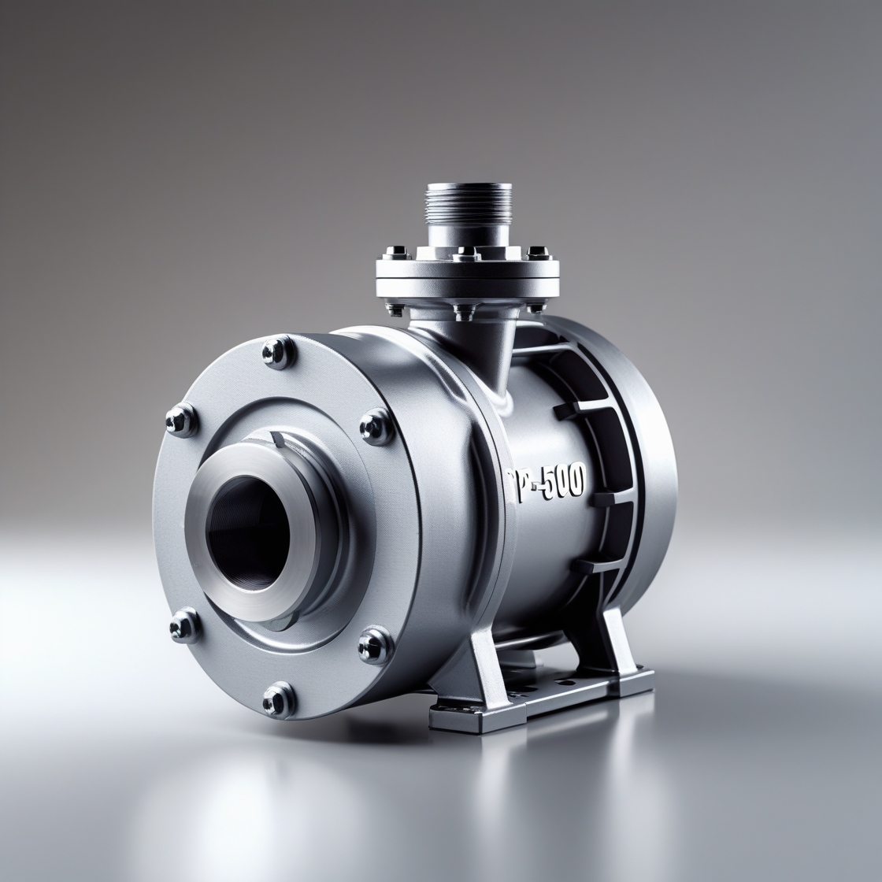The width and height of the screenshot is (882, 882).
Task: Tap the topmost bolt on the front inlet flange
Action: (276, 350)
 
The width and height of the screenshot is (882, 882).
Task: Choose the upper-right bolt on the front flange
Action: (371, 427)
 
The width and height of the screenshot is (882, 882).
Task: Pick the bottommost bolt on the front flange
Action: (276, 695)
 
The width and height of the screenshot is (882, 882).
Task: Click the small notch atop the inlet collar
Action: (278, 438)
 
